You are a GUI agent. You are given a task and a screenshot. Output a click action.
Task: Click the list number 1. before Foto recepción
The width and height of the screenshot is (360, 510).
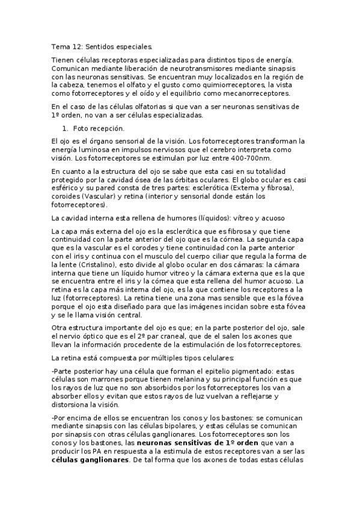pos(66,129)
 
